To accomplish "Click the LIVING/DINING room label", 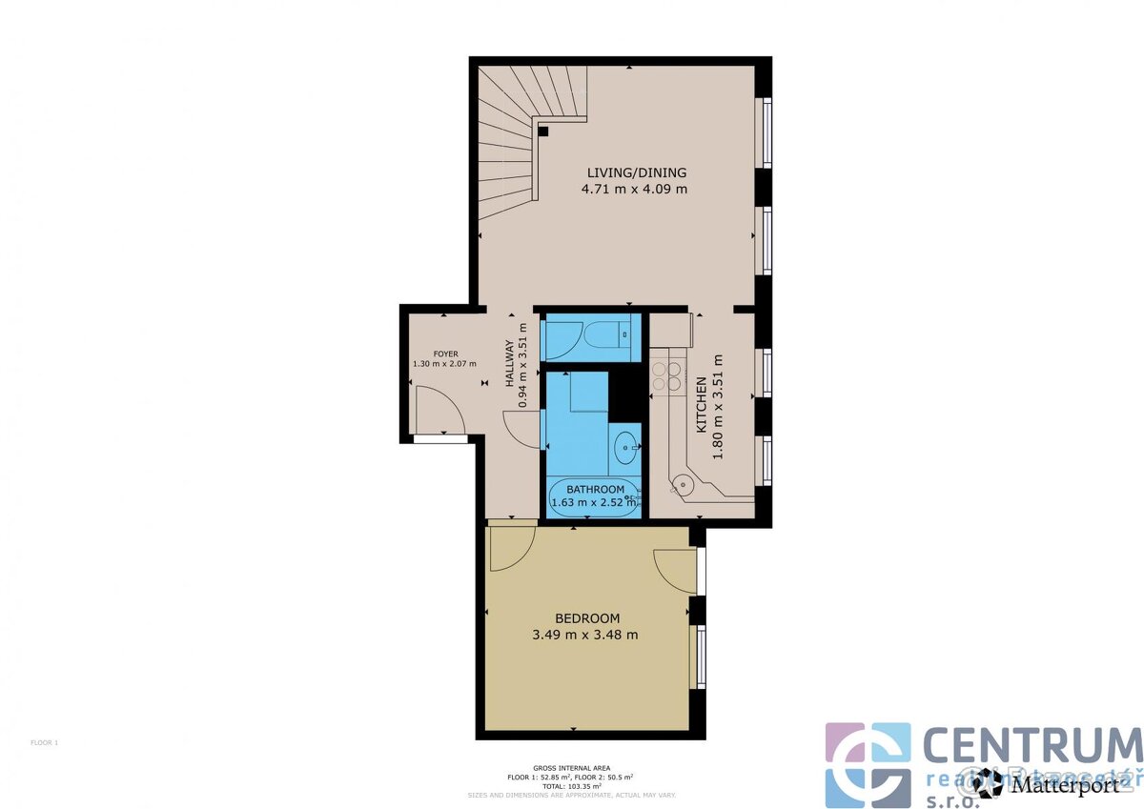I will [x=636, y=172].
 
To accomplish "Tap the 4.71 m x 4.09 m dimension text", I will [x=635, y=189].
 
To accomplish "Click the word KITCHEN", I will [x=701, y=405].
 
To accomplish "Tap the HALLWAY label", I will [x=510, y=363].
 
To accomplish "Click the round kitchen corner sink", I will [x=681, y=482].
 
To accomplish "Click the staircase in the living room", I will [x=510, y=143].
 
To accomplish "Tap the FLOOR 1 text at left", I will [x=44, y=742].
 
